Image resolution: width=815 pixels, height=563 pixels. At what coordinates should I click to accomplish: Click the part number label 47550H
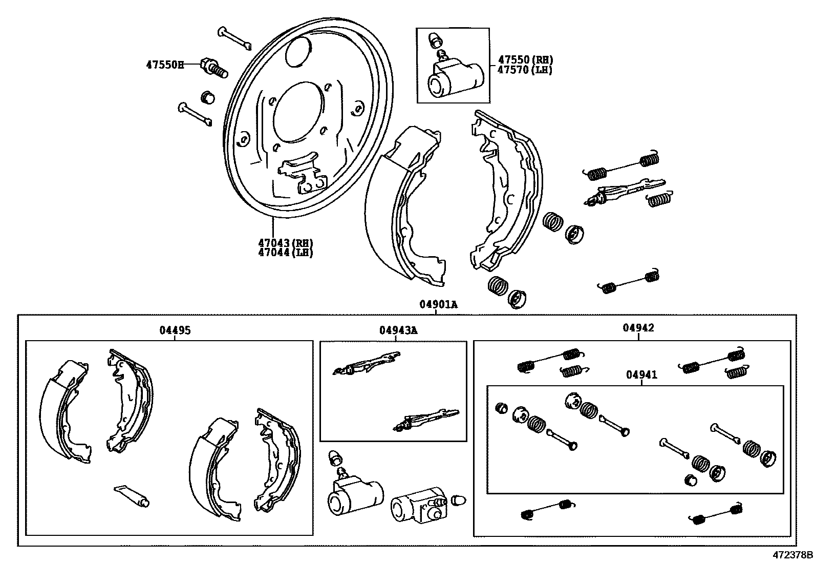(x=165, y=65)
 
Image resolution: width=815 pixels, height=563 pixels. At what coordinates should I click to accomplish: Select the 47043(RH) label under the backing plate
(x=285, y=243)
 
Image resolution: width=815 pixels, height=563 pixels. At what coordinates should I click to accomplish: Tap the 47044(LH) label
(x=285, y=253)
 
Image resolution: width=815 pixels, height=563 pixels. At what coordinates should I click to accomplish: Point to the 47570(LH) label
(x=525, y=70)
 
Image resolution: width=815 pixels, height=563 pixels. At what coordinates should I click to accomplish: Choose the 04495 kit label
(x=175, y=330)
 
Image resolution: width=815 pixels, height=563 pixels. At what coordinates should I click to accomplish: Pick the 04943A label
(x=398, y=330)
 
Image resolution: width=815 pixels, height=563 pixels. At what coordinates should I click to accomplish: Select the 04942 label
(x=638, y=328)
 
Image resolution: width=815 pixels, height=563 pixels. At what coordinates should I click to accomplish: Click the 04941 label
(x=641, y=375)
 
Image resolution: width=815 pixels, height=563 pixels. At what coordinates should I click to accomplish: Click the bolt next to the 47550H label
(x=215, y=68)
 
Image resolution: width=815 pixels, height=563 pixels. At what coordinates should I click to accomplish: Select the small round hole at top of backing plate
(x=298, y=51)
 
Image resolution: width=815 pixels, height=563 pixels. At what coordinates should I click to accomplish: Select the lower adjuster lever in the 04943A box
(x=426, y=419)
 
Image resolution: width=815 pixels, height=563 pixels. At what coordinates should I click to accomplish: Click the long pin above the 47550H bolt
(x=234, y=38)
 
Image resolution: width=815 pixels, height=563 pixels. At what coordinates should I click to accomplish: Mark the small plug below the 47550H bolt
(x=207, y=96)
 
